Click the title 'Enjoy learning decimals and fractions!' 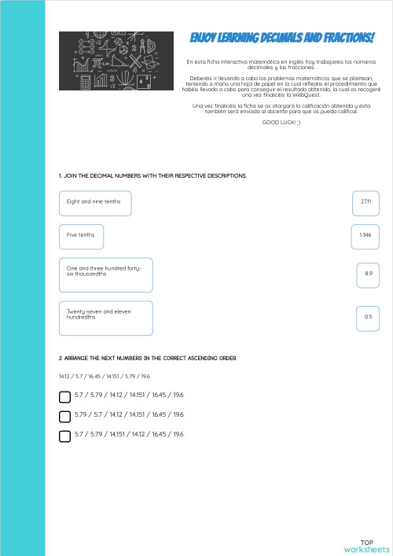click(281, 39)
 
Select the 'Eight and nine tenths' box click(95, 203)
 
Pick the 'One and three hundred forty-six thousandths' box click(105, 274)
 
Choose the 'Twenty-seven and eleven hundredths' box click(105, 317)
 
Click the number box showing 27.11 click(365, 202)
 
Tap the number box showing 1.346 click(365, 235)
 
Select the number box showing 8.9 click(368, 274)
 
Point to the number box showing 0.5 click(368, 317)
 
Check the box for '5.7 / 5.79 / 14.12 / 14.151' click(65, 396)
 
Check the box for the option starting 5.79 click(65, 415)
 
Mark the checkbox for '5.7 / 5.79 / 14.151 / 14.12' click(65, 435)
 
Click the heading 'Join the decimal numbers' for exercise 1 click(152, 175)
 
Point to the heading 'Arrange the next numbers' click(147, 358)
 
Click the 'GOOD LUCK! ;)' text click(281, 123)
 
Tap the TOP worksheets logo click(366, 546)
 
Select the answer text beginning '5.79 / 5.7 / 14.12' click(129, 414)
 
